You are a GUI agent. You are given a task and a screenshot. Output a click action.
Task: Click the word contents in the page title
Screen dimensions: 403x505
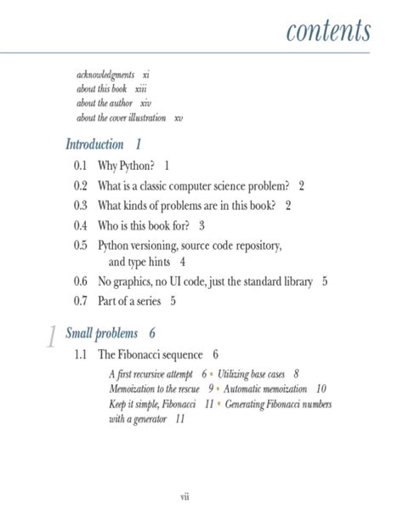[328, 31]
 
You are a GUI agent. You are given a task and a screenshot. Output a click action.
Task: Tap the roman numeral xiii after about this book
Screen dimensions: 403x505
[141, 88]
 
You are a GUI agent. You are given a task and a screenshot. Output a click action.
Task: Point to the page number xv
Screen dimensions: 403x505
[179, 117]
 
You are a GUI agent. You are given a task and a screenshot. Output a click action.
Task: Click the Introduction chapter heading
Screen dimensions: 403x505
[94, 144]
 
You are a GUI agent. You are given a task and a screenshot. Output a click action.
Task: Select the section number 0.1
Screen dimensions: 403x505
[81, 166]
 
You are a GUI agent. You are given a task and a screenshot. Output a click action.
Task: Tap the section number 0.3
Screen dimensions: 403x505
[81, 205]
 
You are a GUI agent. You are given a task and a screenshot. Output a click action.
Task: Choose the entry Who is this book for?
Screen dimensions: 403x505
[145, 225]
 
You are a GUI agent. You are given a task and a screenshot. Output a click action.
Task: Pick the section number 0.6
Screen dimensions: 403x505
[81, 281]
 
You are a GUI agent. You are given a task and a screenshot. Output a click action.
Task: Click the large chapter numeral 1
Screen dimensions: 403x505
[50, 338]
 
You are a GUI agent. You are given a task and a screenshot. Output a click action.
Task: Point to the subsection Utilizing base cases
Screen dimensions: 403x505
[253, 373]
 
